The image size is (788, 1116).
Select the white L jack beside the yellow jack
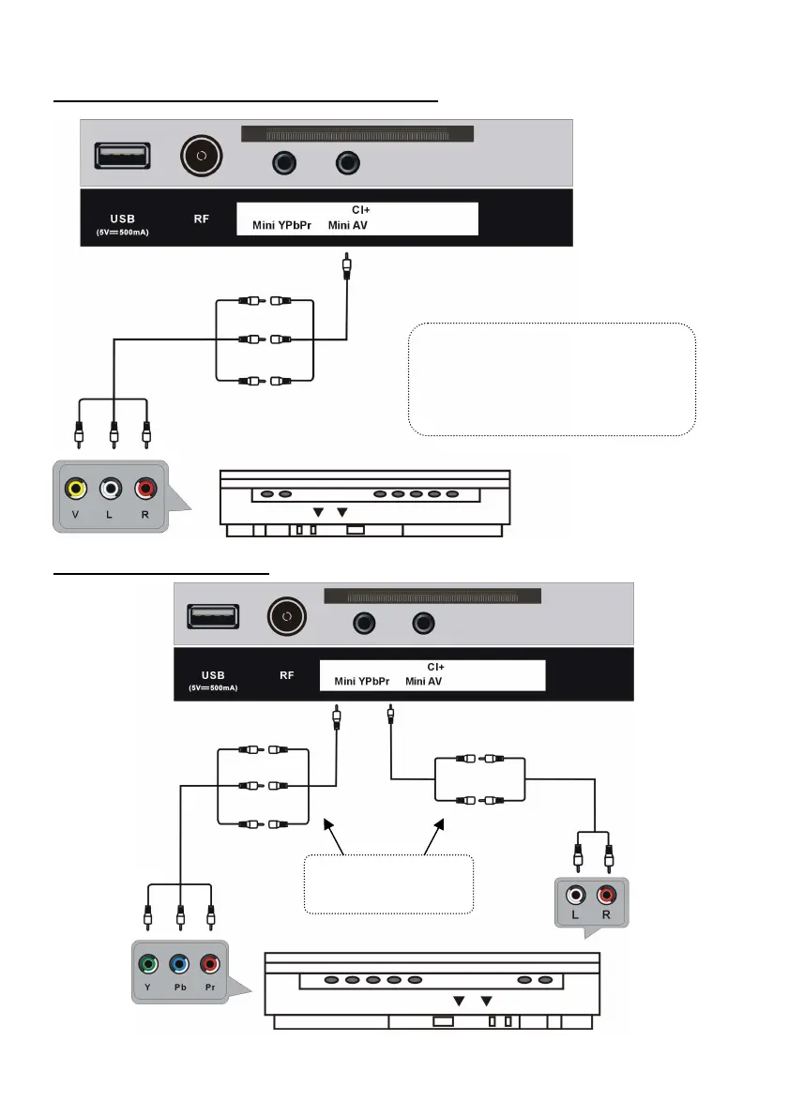[x=113, y=490]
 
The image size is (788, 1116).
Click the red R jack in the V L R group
[x=145, y=490]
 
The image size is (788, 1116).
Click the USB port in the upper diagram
[x=122, y=156]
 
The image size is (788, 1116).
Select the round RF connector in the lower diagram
[x=288, y=618]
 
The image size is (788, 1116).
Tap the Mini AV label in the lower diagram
[x=424, y=682]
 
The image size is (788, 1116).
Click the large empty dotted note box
[x=553, y=380]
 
